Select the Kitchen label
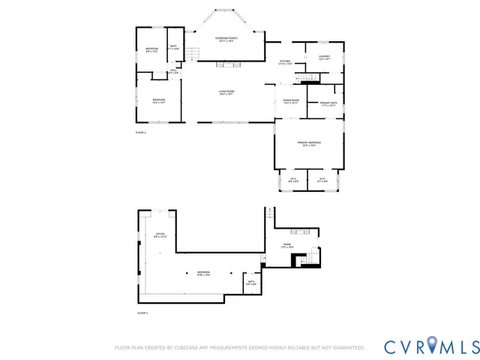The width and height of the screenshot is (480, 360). point(285,62)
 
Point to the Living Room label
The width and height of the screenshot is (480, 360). point(226,92)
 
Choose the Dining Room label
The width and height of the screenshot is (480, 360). point(291,101)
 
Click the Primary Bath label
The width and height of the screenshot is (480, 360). point(328,103)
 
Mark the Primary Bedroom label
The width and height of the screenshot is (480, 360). point(308,144)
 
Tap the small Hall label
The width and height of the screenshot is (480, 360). point(172,71)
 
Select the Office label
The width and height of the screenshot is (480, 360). point(160,235)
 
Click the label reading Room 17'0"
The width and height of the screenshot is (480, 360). point(286,245)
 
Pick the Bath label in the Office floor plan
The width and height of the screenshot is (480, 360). point(251,283)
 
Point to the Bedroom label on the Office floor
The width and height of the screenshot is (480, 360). point(203,273)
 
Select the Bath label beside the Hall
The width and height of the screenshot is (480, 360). point(172,49)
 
